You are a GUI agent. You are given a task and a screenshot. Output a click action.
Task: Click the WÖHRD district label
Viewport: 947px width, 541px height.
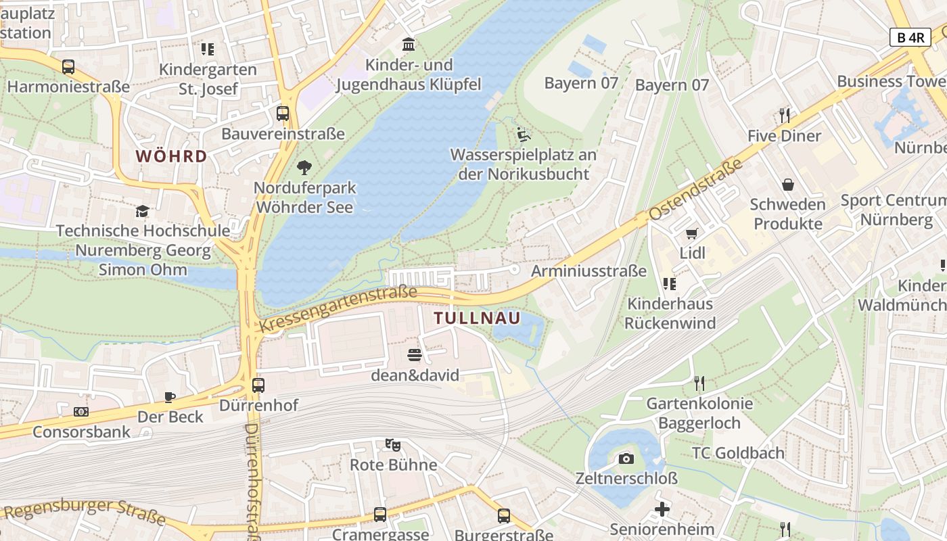pos(171,156)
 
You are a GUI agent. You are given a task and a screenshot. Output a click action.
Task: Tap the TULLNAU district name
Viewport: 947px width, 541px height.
pos(477,318)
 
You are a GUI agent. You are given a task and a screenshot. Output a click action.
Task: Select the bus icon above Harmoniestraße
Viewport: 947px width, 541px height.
pos(68,67)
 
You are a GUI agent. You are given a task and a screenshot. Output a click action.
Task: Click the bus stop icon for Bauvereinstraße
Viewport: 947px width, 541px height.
pos(283,114)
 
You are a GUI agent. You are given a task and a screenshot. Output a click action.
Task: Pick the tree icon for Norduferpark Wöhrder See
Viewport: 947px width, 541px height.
pos(304,167)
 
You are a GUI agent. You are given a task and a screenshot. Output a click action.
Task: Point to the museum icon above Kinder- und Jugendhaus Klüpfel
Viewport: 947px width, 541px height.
pos(409,45)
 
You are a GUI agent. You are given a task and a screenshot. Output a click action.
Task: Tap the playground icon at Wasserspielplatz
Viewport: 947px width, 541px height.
pos(523,134)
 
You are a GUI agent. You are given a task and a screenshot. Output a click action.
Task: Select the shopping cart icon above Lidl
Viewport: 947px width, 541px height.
pos(691,234)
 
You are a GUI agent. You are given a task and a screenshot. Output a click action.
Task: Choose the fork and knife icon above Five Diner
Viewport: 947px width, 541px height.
pos(785,116)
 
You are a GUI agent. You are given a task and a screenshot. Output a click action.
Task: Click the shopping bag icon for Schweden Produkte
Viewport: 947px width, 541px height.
pos(788,185)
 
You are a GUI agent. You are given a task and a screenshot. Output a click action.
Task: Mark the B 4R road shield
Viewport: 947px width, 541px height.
pos(910,37)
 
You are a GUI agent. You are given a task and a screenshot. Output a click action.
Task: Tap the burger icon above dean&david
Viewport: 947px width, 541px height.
pos(415,355)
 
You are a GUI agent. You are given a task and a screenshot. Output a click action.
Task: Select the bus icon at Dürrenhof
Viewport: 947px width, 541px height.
pos(258,385)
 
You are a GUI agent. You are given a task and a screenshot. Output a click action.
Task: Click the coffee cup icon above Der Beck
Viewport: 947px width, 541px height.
pos(170,397)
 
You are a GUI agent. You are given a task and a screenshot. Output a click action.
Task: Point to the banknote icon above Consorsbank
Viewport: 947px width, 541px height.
pos(81,411)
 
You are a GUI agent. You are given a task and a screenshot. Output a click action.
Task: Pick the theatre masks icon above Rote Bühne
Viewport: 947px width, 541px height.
pos(392,445)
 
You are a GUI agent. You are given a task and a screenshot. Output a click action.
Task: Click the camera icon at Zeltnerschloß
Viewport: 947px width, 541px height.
pos(626,459)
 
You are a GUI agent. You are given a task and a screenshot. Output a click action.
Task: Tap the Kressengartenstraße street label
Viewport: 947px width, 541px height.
pos(338,310)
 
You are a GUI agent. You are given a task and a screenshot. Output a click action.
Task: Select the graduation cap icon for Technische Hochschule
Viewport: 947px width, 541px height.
pos(142,211)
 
